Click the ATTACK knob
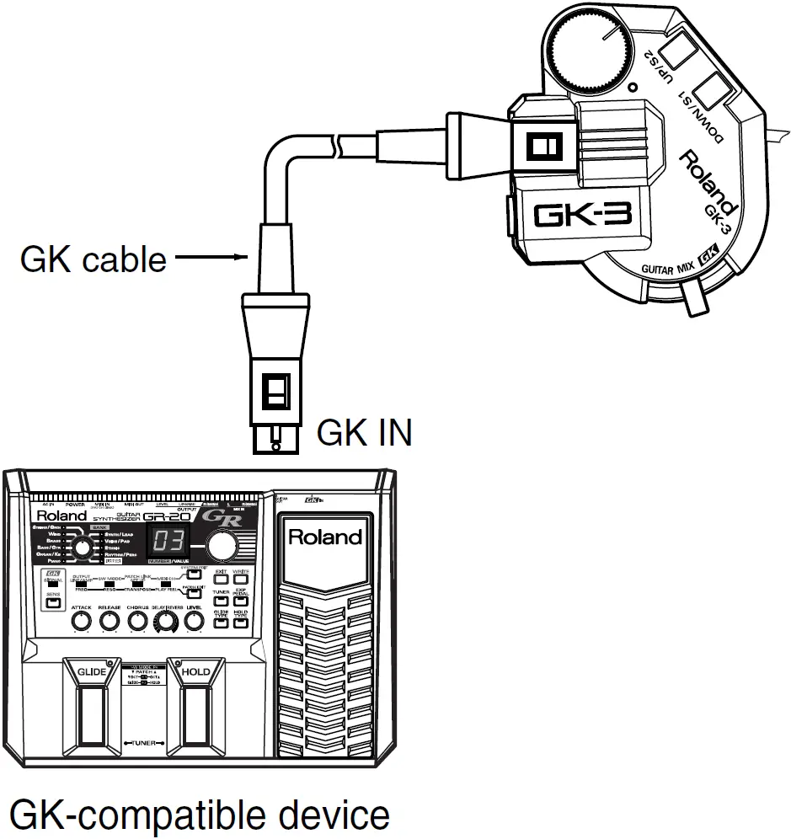pos(82,622)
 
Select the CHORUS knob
pos(138,622)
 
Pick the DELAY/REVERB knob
pos(166,622)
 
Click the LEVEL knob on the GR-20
pos(195,622)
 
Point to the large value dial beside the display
pos(222,547)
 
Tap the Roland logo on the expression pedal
pos(324,537)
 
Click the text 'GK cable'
pos(93,259)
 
